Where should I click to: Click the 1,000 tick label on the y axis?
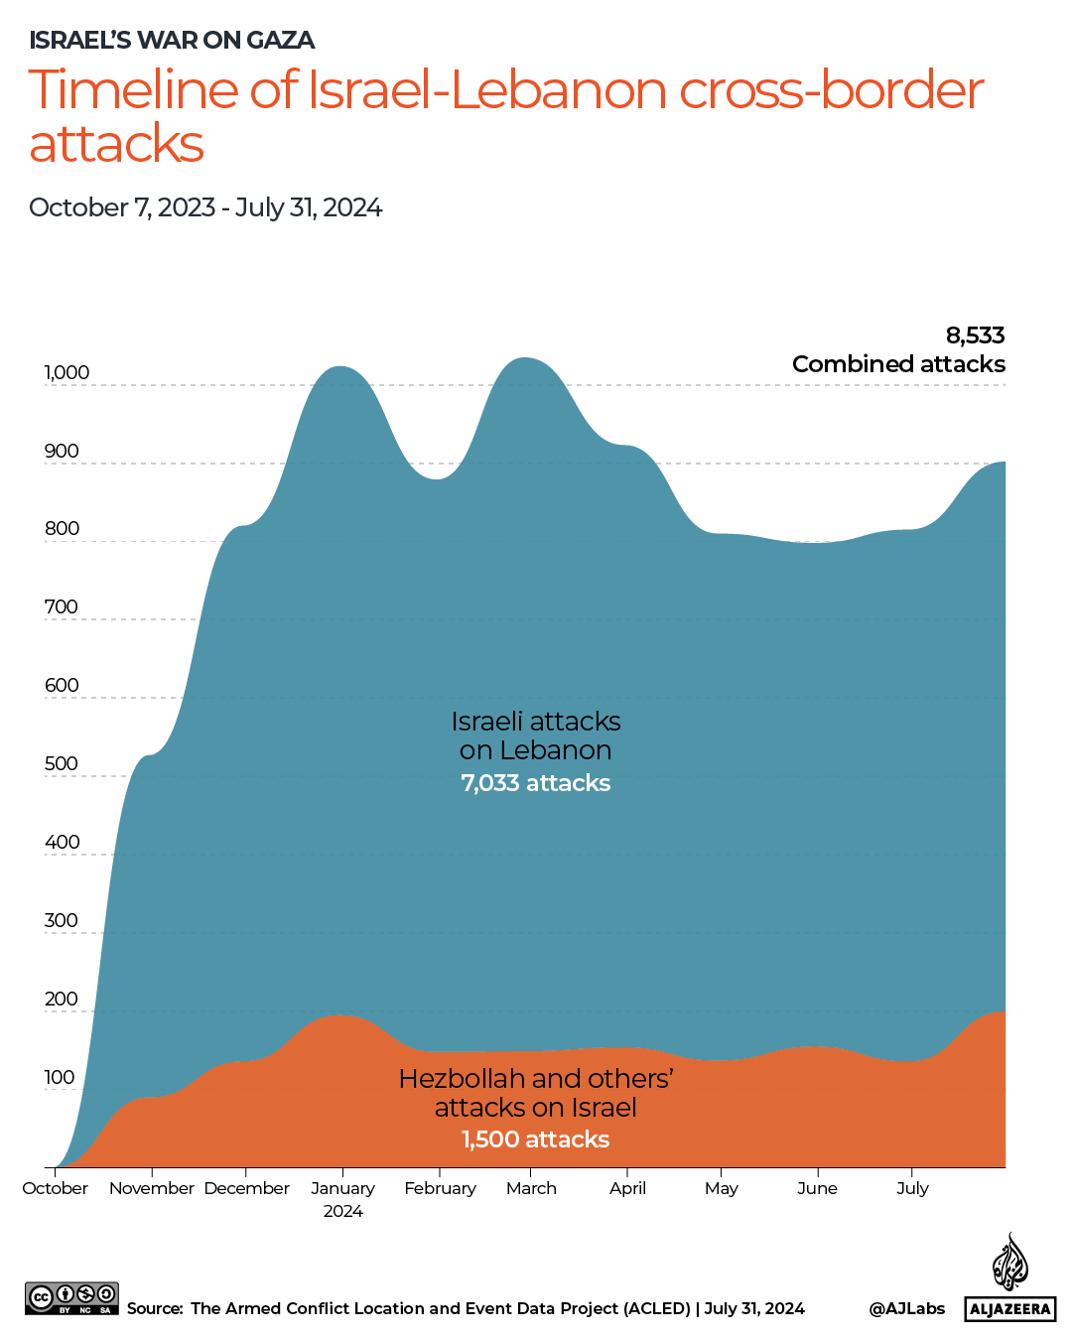[x=67, y=373]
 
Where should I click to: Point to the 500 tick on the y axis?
[x=61, y=764]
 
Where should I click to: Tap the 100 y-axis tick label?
[x=60, y=1078]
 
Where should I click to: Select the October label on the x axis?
[x=56, y=1188]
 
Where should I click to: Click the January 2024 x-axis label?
[x=343, y=1199]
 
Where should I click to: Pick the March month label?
[x=531, y=1188]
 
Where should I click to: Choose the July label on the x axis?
[x=912, y=1188]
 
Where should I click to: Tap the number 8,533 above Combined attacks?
[x=975, y=335]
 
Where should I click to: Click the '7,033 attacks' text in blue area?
[x=535, y=783]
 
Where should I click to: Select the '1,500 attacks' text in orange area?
[x=535, y=1139]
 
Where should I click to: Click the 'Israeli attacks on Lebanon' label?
[x=535, y=736]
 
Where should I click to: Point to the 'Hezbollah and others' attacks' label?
[x=535, y=1093]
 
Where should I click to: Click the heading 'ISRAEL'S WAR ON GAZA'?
[x=172, y=41]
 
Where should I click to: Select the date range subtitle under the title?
[x=205, y=207]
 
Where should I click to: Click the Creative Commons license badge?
[x=71, y=1298]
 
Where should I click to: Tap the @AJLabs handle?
[x=906, y=1308]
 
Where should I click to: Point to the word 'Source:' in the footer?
[x=155, y=1308]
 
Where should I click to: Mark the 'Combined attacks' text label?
[x=898, y=364]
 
